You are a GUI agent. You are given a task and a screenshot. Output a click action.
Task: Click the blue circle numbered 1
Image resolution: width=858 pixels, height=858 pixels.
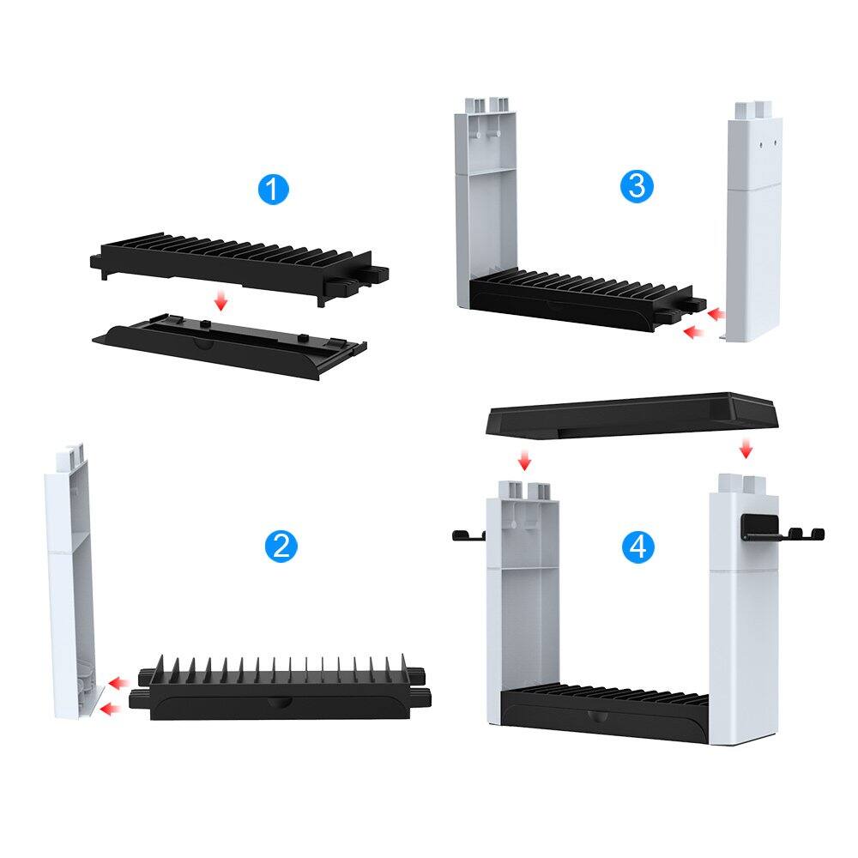pyautogui.click(x=273, y=188)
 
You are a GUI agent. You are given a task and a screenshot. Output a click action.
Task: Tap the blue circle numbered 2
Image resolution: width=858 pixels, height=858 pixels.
pyautogui.click(x=281, y=546)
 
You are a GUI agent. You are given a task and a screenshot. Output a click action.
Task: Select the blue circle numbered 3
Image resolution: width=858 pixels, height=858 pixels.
pyautogui.click(x=636, y=185)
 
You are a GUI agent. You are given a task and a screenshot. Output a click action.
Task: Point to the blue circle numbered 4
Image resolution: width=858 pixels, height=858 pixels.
pyautogui.click(x=637, y=546)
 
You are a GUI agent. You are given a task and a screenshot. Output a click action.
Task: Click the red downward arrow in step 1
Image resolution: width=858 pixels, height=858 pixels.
pyautogui.click(x=221, y=300)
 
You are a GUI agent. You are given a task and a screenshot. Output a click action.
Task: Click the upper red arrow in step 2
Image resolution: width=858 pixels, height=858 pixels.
pyautogui.click(x=119, y=683)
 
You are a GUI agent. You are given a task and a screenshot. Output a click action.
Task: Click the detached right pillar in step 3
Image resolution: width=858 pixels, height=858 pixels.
pyautogui.click(x=754, y=223)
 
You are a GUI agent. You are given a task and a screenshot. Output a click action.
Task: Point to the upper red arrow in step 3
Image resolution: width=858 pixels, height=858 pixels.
pyautogui.click(x=714, y=316)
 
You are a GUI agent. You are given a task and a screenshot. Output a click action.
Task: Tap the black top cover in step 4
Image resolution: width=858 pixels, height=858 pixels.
pyautogui.click(x=633, y=417)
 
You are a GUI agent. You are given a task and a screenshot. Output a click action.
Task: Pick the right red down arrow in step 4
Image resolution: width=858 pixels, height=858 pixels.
pyautogui.click(x=746, y=448)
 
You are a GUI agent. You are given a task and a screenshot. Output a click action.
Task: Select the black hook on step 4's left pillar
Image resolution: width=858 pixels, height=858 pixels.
pyautogui.click(x=468, y=536)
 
